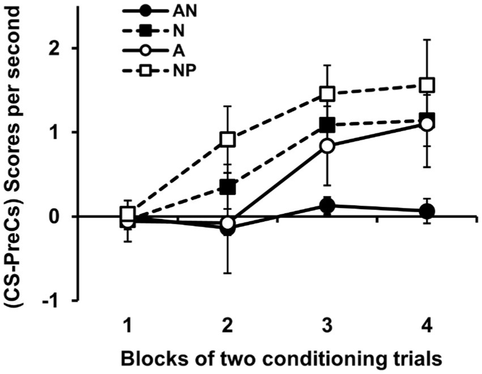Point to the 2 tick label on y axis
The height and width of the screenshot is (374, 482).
coord(54,49)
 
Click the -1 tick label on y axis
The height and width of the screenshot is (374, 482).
coord(51,300)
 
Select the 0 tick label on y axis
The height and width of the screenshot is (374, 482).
coord(54,217)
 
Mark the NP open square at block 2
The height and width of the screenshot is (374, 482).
coord(228,140)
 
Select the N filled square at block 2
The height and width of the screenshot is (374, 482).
coord(228,187)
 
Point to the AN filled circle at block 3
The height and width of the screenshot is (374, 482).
coord(327,206)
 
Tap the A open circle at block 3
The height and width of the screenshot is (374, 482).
coord(327,146)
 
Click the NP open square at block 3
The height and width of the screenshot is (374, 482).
coord(327,93)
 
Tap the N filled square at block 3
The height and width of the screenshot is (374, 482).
coord(327,124)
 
